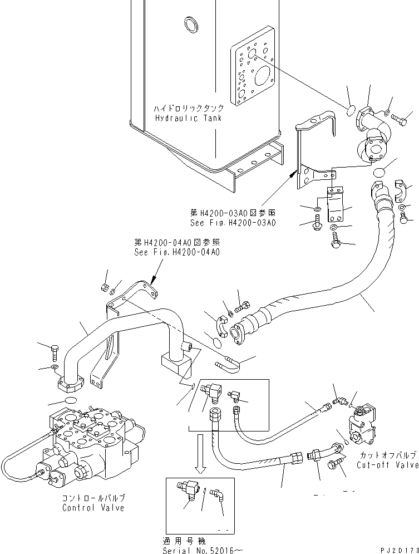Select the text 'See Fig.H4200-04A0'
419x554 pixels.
tap(177, 252)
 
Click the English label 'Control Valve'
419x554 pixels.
tap(93, 508)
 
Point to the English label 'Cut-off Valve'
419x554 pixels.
tap(387, 465)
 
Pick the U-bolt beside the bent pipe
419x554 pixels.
tap(228, 365)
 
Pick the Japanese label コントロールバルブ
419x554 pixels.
tap(93, 498)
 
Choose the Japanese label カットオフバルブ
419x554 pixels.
tap(387, 455)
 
